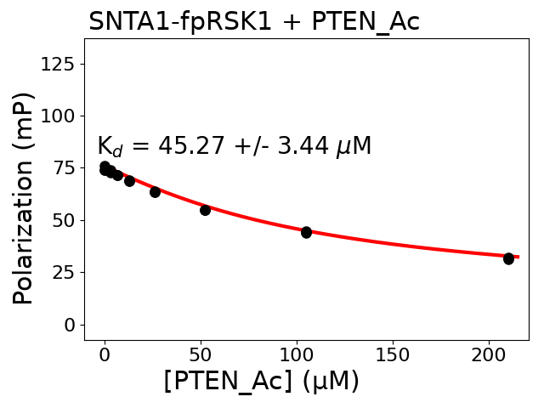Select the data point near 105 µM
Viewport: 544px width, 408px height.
[x=306, y=232]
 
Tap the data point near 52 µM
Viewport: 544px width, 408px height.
[x=205, y=209]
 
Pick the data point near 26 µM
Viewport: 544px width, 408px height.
[x=155, y=192]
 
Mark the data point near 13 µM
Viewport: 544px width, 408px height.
[x=129, y=180]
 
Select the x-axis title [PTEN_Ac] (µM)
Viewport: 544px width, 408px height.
[x=261, y=382]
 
